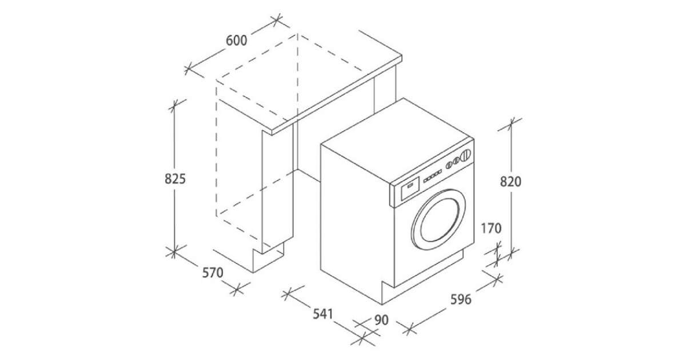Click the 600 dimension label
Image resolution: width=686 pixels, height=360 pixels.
pyautogui.click(x=236, y=41)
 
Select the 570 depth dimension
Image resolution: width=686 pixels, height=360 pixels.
pyautogui.click(x=212, y=273)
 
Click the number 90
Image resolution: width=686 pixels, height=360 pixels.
pyautogui.click(x=381, y=320)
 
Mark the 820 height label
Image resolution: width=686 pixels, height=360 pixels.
pyautogui.click(x=510, y=182)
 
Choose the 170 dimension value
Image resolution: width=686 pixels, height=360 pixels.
pyautogui.click(x=491, y=229)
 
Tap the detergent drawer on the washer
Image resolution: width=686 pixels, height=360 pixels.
pyautogui.click(x=410, y=187)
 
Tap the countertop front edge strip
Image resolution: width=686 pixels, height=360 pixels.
pyautogui.click(x=337, y=98)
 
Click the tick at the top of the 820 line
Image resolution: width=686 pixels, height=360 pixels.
pyautogui.click(x=511, y=123)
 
